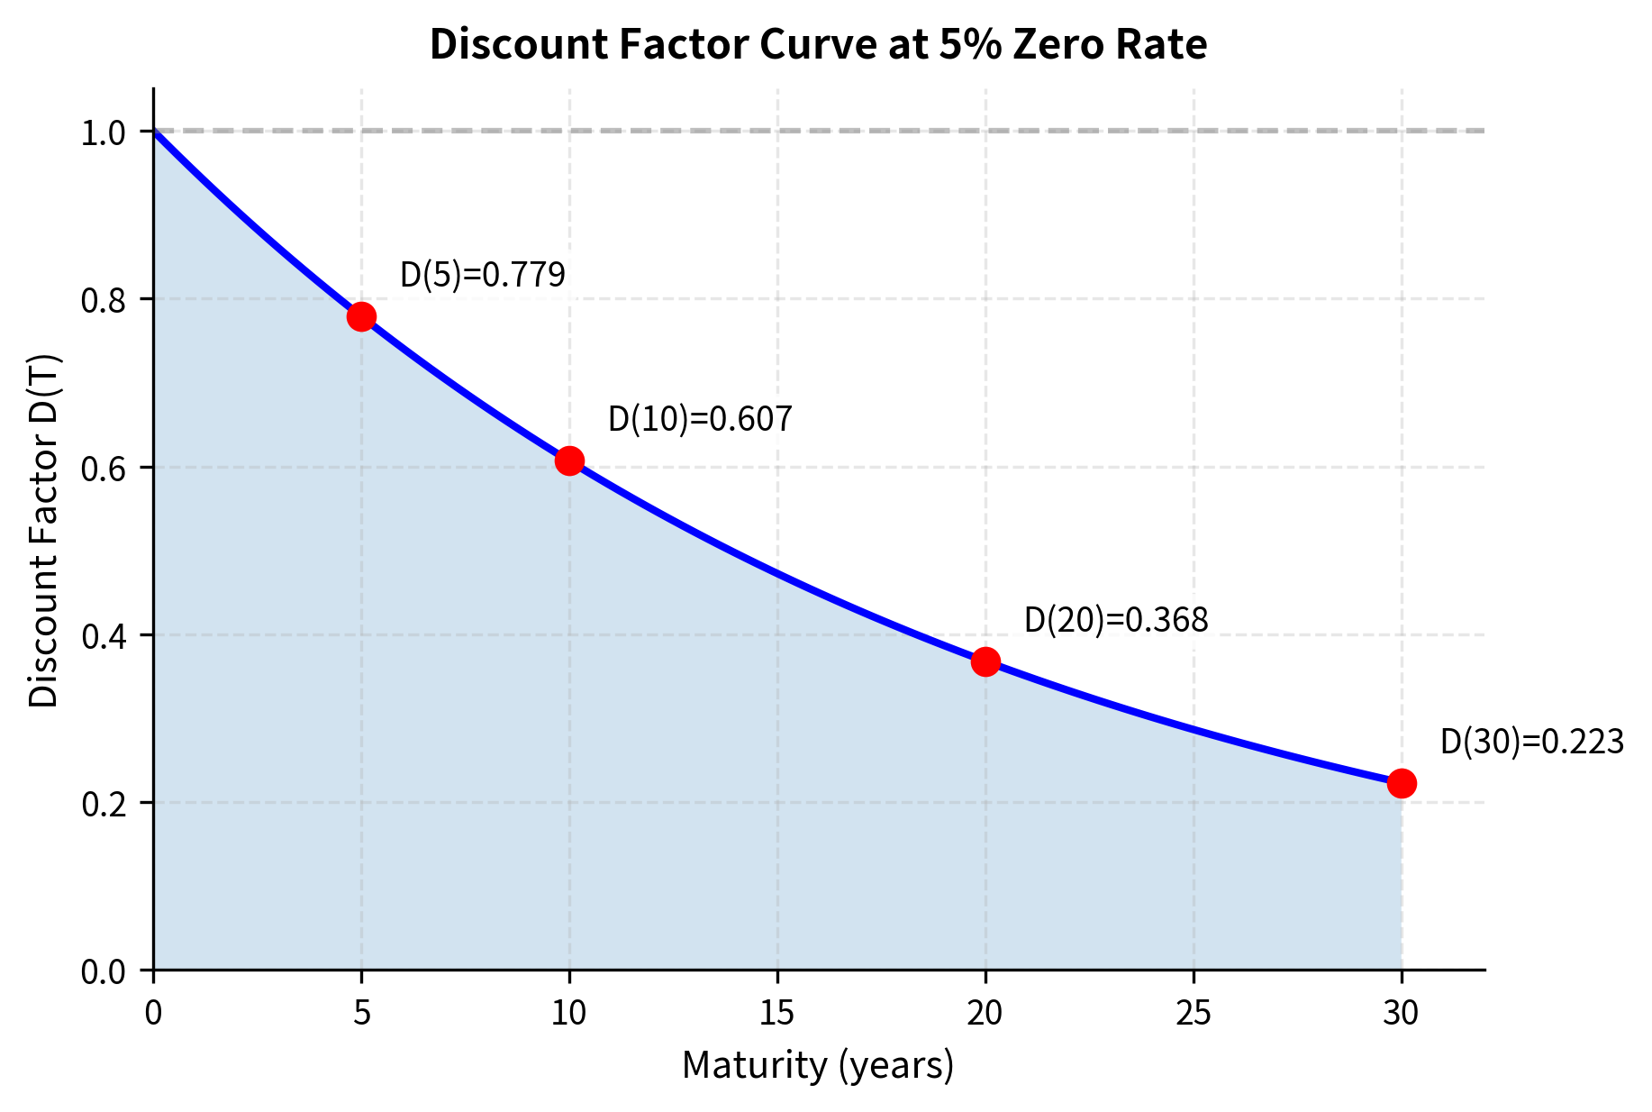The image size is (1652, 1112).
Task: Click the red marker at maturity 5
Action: pyautogui.click(x=361, y=316)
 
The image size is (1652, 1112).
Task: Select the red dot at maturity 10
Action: pyautogui.click(x=569, y=460)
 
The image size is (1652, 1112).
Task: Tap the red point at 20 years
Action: pyautogui.click(x=985, y=661)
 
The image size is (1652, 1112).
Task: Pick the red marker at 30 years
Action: pyautogui.click(x=1402, y=783)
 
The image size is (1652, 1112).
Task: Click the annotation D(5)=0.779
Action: pyautogui.click(x=482, y=275)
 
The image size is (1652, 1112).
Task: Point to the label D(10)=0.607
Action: pyautogui.click(x=700, y=419)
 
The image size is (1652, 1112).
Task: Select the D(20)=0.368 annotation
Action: pyautogui.click(x=1116, y=620)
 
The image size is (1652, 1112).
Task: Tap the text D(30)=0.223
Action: pyautogui.click(x=1531, y=742)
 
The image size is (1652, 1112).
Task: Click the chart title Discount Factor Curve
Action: pyautogui.click(x=818, y=45)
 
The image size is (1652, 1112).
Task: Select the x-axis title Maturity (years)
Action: pyautogui.click(x=818, y=1065)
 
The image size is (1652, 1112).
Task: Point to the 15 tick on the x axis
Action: pyautogui.click(x=777, y=1014)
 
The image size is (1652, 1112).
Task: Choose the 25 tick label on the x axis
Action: pyautogui.click(x=1194, y=1014)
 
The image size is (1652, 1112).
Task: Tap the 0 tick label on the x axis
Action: pyautogui.click(x=153, y=1014)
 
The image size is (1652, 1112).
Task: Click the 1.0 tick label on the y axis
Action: pyautogui.click(x=103, y=132)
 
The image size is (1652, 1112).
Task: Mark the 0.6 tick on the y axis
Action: pyautogui.click(x=103, y=469)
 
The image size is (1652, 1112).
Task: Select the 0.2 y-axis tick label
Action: pyautogui.click(x=103, y=804)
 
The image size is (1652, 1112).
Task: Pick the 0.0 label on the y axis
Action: pyautogui.click(x=103, y=971)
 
